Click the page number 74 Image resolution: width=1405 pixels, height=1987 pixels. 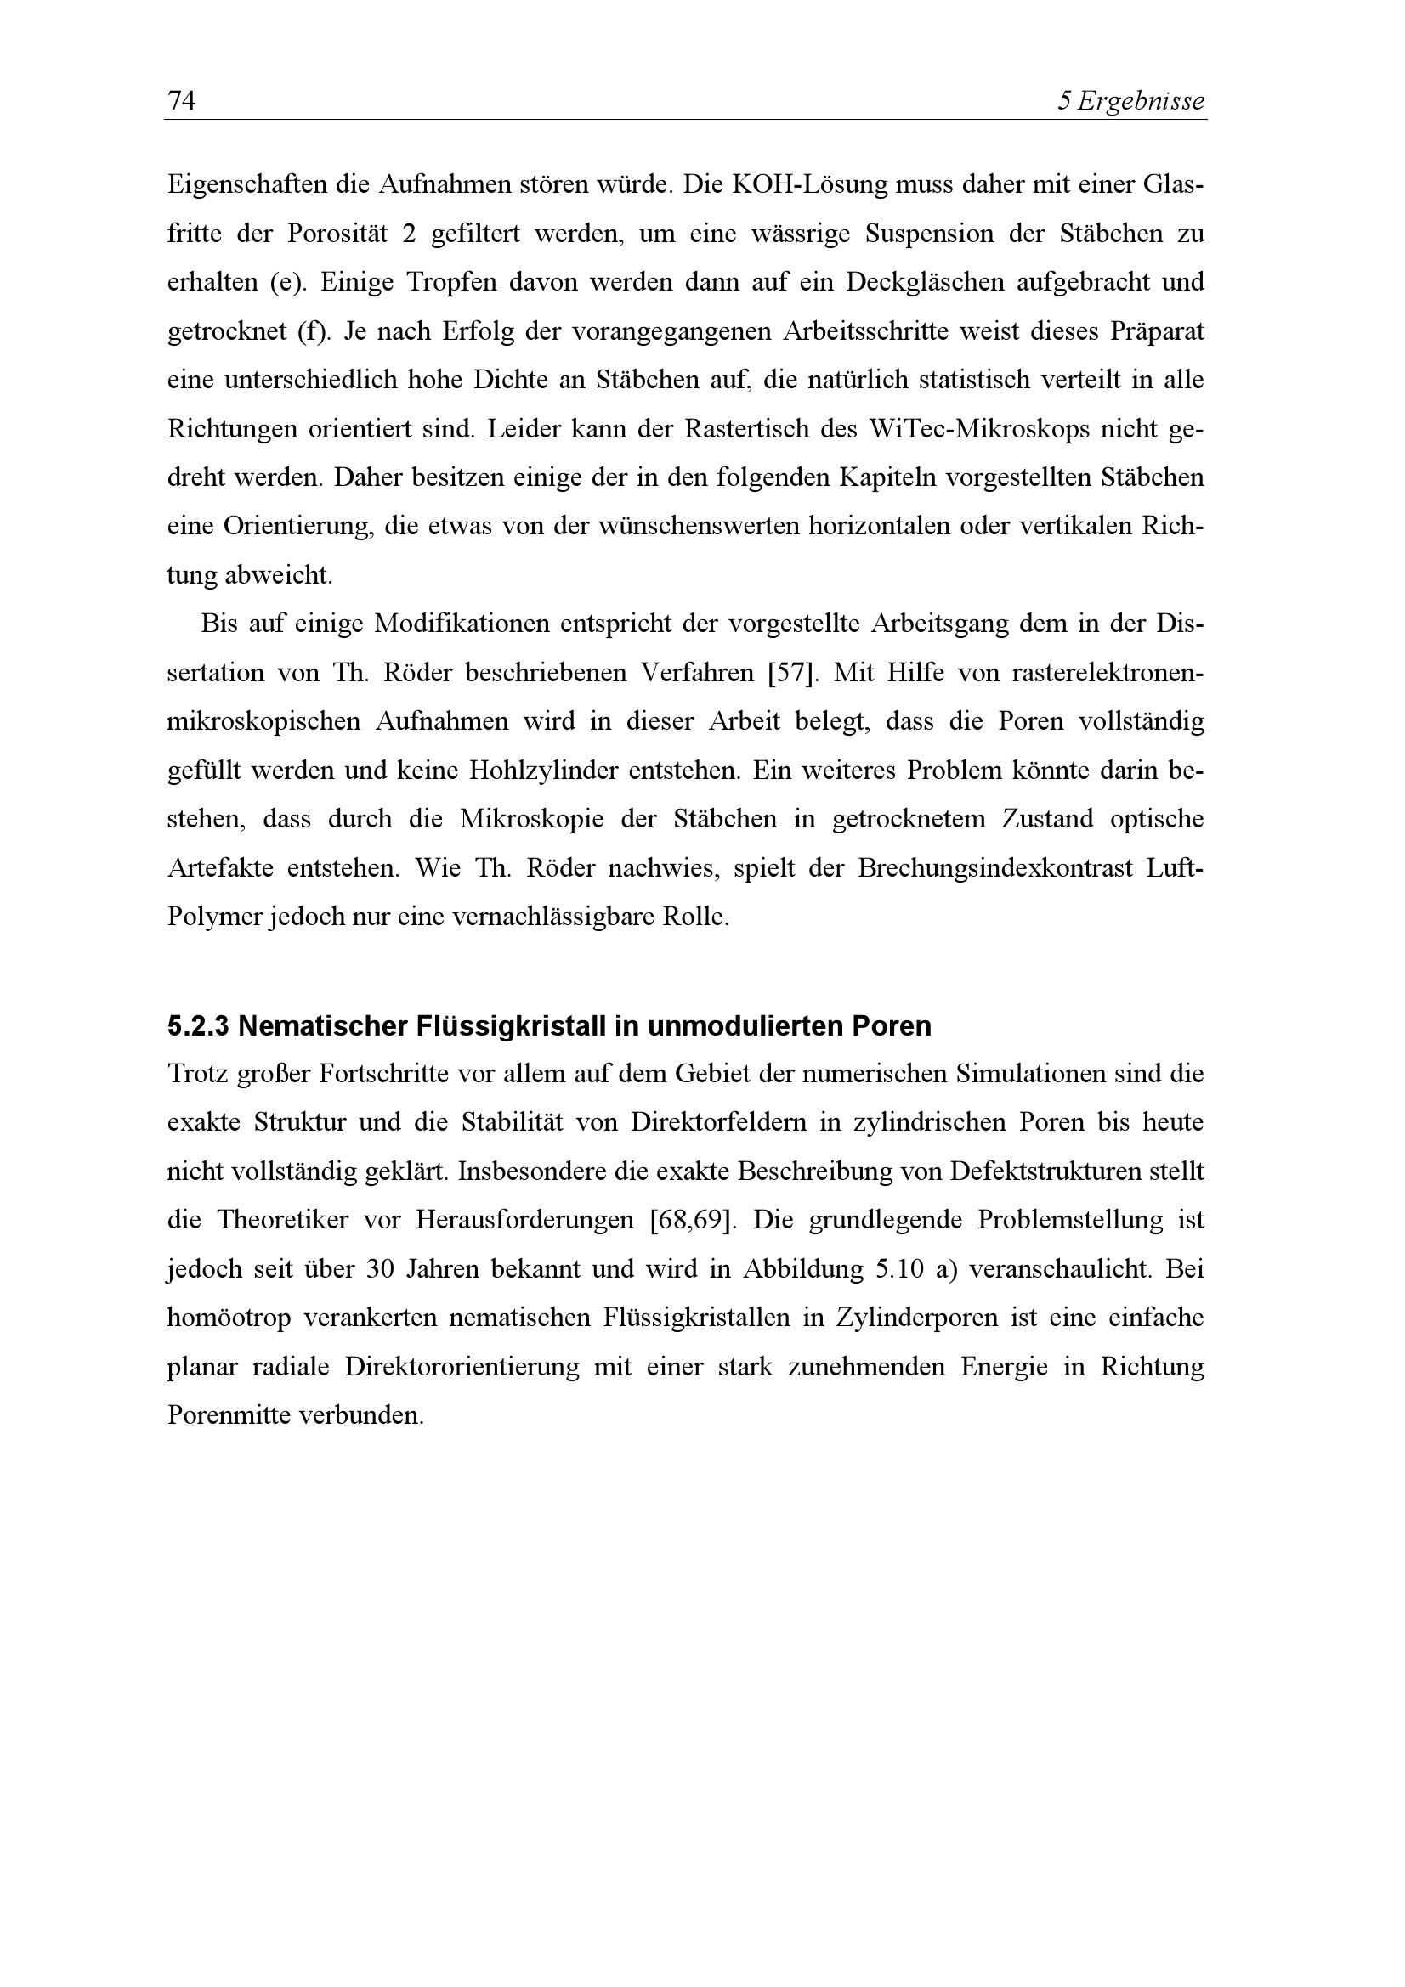[x=182, y=101]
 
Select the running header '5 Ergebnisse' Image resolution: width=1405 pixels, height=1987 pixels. [x=1131, y=102]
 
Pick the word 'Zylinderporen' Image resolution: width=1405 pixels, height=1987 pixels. [x=925, y=1318]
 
